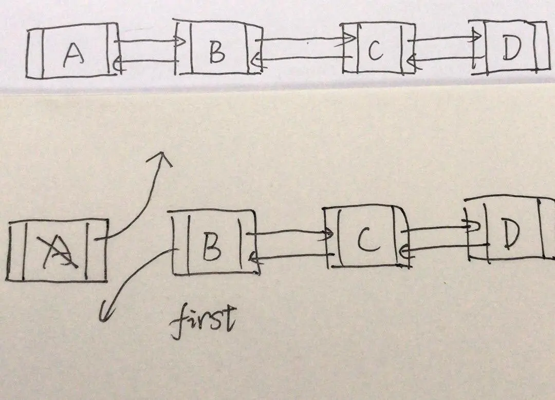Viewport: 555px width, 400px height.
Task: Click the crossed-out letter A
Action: [x=61, y=252]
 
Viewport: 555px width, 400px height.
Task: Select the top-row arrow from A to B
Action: [x=149, y=42]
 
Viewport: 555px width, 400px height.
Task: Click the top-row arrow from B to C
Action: [x=303, y=40]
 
